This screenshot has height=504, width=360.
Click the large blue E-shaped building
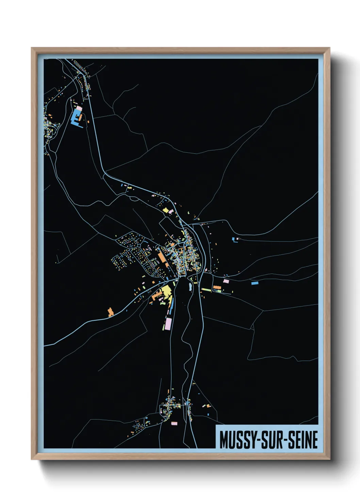point(75,118)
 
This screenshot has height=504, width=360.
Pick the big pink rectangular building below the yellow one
point(168,323)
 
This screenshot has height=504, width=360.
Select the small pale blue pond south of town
point(190,286)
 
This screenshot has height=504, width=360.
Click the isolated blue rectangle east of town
point(255,283)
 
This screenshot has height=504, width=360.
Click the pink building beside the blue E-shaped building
point(79,108)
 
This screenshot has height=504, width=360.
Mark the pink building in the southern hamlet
point(175,423)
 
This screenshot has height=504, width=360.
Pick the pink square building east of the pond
point(226,281)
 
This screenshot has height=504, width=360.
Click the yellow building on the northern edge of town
point(166,210)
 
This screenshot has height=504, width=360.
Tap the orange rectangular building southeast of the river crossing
point(217,288)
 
